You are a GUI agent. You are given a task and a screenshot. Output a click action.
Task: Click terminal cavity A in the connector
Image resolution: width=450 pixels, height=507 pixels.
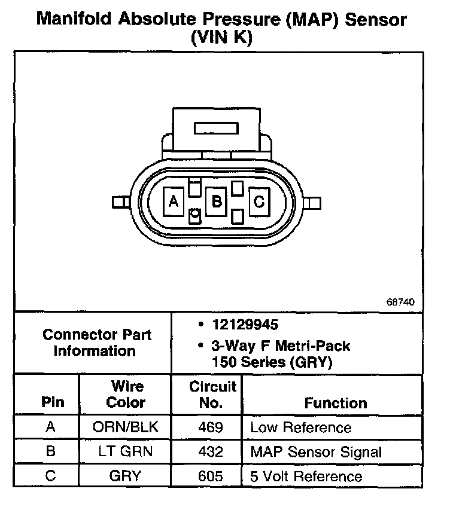click(x=174, y=202)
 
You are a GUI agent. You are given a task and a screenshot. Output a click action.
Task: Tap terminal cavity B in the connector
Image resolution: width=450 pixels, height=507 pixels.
click(x=216, y=202)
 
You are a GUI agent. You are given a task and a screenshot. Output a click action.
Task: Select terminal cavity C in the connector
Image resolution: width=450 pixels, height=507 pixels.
click(x=259, y=202)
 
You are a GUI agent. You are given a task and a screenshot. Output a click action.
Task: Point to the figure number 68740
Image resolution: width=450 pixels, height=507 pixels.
click(x=400, y=302)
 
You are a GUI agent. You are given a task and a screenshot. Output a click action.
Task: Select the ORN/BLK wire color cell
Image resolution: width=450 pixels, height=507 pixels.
click(x=125, y=427)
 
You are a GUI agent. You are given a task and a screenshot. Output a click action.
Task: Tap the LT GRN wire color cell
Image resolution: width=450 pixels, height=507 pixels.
click(x=125, y=451)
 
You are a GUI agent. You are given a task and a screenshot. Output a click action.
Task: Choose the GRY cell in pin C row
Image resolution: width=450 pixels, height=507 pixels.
click(x=125, y=476)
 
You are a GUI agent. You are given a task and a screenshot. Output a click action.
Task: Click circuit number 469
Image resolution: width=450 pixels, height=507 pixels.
click(x=210, y=427)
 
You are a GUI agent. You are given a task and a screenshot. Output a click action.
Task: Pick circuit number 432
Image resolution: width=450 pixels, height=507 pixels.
click(x=210, y=451)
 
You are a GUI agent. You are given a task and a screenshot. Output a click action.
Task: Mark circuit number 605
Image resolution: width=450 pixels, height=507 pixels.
click(x=210, y=476)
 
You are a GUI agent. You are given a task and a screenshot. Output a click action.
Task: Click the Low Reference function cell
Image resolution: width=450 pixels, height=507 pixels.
click(x=300, y=427)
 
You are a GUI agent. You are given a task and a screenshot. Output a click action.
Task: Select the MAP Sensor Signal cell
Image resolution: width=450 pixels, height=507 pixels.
click(x=315, y=452)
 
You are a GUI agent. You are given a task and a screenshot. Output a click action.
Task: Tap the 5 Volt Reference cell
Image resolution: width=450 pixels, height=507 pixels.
click(x=306, y=477)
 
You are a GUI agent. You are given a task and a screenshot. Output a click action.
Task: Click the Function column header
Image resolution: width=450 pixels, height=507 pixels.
click(x=336, y=403)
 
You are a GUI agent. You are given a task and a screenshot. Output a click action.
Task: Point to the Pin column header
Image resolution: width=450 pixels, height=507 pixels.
click(x=52, y=403)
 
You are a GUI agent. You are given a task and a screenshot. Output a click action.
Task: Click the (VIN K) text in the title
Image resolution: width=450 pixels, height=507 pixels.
click(x=221, y=38)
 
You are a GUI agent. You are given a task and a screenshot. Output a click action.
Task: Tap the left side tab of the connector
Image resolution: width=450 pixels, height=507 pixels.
click(x=120, y=202)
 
